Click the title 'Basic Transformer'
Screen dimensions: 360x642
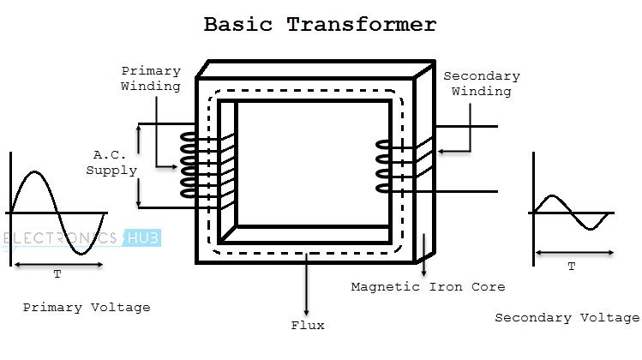coord(320,24)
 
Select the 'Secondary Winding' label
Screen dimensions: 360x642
coord(481,83)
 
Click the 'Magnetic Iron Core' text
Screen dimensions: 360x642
coord(428,286)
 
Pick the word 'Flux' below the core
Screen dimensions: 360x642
coord(308,325)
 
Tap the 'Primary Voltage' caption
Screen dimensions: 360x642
coord(87,307)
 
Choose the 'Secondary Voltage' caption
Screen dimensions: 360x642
coord(567,317)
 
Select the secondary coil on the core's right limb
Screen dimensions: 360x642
coord(383,165)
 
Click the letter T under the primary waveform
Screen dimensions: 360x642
coord(57,274)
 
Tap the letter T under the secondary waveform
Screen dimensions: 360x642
coord(572,266)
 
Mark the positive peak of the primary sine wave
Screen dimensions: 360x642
coord(32,173)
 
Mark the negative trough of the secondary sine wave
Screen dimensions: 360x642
coord(594,229)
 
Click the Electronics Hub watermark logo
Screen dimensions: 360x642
coord(81,239)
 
